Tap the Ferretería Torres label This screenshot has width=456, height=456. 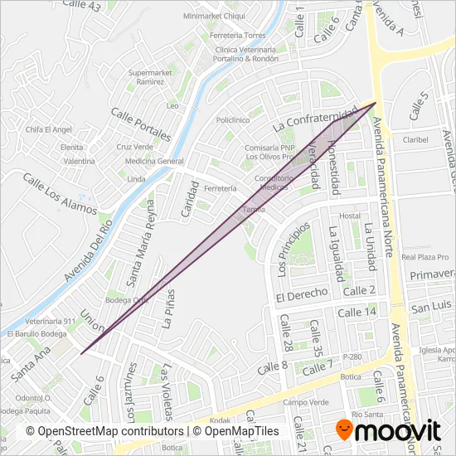(x=237, y=36)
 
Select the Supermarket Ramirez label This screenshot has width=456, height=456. (x=150, y=77)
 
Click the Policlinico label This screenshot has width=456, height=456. (x=233, y=120)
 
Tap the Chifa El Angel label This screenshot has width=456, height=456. (x=49, y=129)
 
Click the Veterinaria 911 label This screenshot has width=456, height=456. (x=43, y=321)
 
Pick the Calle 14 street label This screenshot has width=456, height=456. (x=359, y=311)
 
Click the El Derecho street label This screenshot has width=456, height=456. (x=303, y=296)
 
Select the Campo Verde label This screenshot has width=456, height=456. (x=300, y=403)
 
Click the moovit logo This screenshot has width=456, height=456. (x=386, y=430)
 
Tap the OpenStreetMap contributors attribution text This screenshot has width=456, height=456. (x=104, y=432)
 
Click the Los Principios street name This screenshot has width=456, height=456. (x=293, y=249)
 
